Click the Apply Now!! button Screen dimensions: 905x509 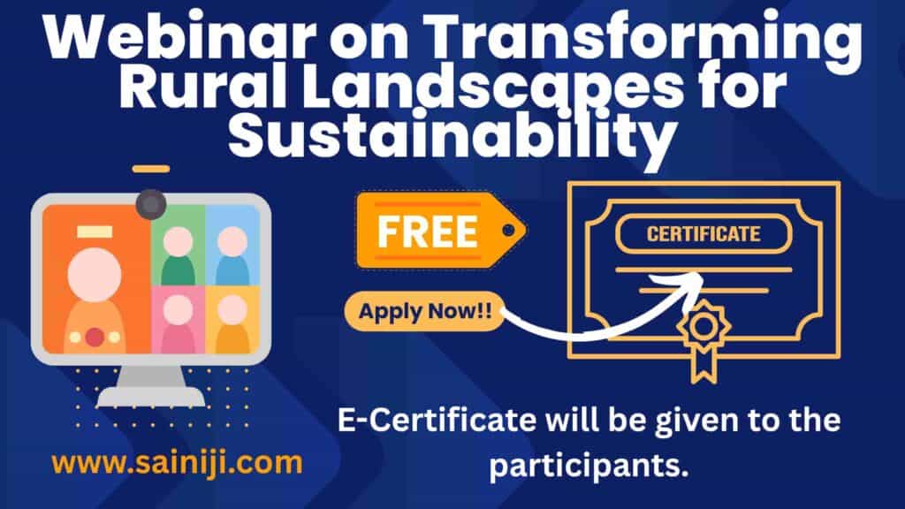pyautogui.click(x=425, y=312)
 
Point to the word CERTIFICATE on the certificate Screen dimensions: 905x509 pyautogui.click(x=703, y=233)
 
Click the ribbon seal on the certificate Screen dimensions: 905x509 pyautogui.click(x=703, y=340)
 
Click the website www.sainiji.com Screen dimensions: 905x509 pyautogui.click(x=177, y=463)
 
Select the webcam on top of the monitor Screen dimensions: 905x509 pyautogui.click(x=151, y=204)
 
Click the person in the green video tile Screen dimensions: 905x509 pyautogui.click(x=178, y=255)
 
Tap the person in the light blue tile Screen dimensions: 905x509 pyautogui.click(x=232, y=255)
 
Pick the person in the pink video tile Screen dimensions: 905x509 pyautogui.click(x=178, y=323)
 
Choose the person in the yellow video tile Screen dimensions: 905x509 pyautogui.click(x=232, y=323)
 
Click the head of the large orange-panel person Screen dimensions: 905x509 pyautogui.click(x=95, y=275)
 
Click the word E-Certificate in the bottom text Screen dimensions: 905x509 pyautogui.click(x=437, y=420)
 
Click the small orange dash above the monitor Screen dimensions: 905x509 pyautogui.click(x=151, y=169)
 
